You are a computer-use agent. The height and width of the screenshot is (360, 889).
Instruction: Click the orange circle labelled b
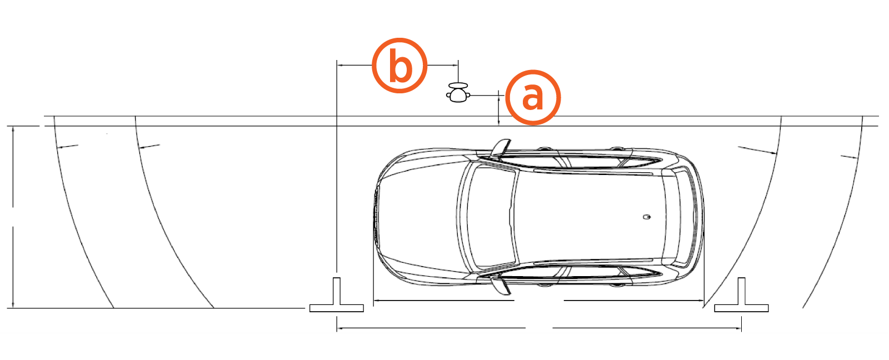click(x=399, y=66)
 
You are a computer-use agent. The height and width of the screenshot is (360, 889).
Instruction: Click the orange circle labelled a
click(x=533, y=97)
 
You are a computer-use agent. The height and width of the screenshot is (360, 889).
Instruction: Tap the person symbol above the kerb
click(x=458, y=92)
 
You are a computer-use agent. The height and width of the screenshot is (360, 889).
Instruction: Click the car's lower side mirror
click(x=501, y=286)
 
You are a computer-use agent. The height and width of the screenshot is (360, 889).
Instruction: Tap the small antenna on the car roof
click(x=647, y=217)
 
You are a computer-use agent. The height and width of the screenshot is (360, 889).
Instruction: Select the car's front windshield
click(x=492, y=216)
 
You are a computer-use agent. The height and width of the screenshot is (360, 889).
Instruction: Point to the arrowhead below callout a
click(x=499, y=123)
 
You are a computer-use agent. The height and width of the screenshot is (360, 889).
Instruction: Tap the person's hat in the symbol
click(x=458, y=86)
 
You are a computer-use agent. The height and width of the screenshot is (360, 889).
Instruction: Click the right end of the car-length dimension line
click(x=703, y=301)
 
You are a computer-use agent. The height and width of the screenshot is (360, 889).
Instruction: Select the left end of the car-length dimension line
click(x=374, y=301)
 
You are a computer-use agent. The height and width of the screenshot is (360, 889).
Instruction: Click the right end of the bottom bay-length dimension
click(x=741, y=328)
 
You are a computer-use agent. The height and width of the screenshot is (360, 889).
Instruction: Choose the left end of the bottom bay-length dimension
click(x=337, y=328)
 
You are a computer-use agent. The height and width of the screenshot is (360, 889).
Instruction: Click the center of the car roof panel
click(x=587, y=216)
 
